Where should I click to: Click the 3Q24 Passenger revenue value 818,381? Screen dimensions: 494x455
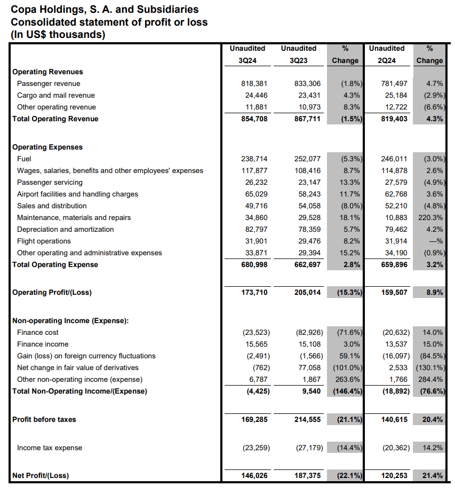coord(254,84)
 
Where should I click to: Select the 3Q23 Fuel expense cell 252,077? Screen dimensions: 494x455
coord(307,159)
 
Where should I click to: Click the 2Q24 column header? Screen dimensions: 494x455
coord(387,60)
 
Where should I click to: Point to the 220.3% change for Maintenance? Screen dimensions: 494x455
coord(430,218)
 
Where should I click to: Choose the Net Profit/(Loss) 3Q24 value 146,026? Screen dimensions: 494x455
coord(254,475)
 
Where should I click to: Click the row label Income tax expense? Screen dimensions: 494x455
coord(50,448)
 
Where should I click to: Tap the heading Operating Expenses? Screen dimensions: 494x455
coord(47,147)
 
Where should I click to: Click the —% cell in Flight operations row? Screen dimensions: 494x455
coord(436,241)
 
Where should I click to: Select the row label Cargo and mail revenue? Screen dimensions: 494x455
coord(55,96)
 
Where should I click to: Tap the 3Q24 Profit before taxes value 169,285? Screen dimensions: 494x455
coord(254,420)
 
